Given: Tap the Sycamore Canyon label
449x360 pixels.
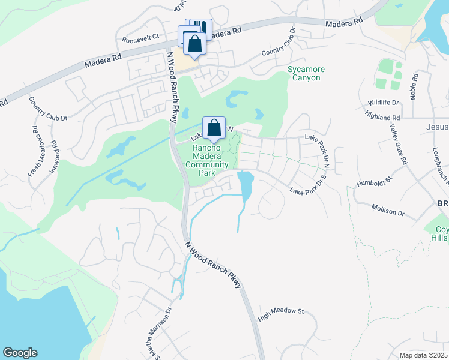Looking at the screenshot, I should tap(304, 74).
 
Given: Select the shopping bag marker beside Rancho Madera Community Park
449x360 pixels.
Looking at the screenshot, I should tap(214, 128).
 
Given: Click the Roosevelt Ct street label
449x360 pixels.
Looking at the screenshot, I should tap(140, 37).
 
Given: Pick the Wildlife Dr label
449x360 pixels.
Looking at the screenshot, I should tap(384, 103).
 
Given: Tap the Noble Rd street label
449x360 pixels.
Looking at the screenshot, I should tap(414, 86).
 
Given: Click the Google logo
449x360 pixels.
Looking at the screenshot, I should tap(20, 353).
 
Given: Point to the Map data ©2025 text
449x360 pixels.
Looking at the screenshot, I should tap(424, 355).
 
